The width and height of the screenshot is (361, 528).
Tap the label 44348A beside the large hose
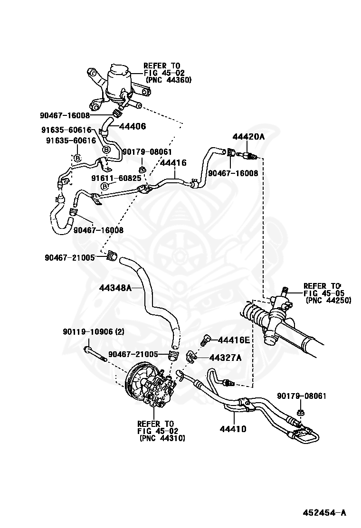coord(115,288)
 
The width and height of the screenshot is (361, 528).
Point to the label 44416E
coord(234,340)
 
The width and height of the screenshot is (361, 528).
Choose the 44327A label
coord(226,358)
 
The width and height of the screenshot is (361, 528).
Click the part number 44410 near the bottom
coord(233,429)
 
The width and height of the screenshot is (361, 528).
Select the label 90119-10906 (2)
coord(93,332)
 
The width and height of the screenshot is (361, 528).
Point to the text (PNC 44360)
coord(168,80)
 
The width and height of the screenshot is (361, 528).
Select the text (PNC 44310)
coord(162,438)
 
